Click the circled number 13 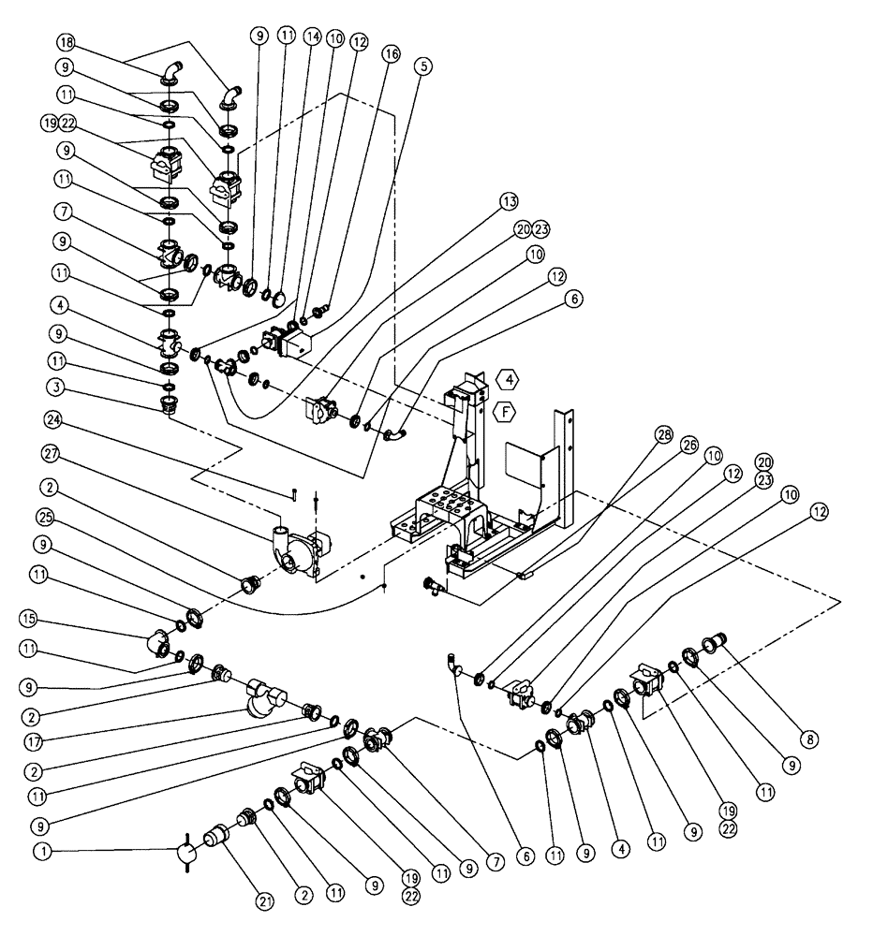pyautogui.click(x=509, y=201)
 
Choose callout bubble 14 pyautogui.click(x=312, y=36)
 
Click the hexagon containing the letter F pyautogui.click(x=505, y=408)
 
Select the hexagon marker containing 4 pyautogui.click(x=505, y=379)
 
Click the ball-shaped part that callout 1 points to pyautogui.click(x=185, y=853)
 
